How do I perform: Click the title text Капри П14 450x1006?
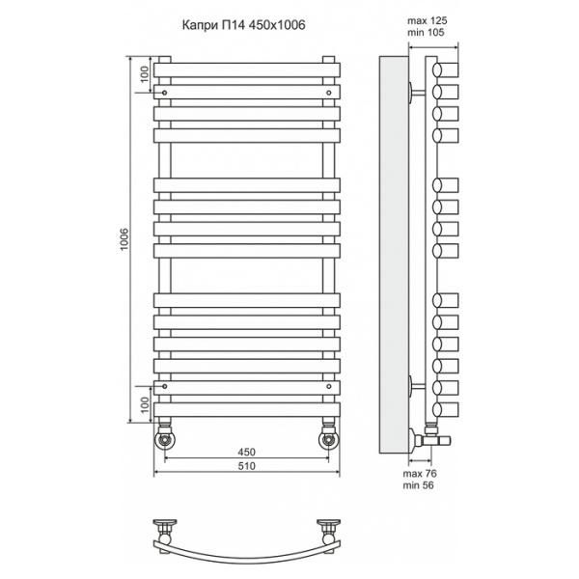[x=244, y=25]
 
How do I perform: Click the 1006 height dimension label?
[x=124, y=239]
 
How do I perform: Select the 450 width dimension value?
[x=246, y=452]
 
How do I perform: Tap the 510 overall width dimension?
[x=246, y=466]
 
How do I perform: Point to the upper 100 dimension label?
[x=145, y=74]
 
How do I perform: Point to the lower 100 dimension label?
[x=145, y=404]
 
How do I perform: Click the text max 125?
[x=427, y=20]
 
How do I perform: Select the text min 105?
[x=426, y=33]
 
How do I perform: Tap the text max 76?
[x=420, y=473]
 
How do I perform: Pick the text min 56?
[x=419, y=484]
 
